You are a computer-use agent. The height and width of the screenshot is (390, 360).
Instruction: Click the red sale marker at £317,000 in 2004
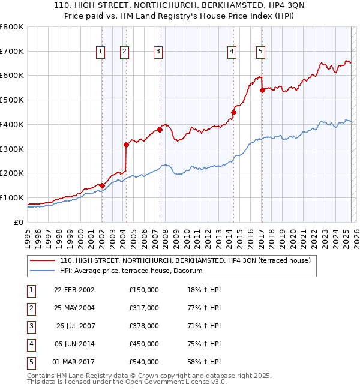coord(126,145)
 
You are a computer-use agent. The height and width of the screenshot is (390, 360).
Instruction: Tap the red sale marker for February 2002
coord(102,185)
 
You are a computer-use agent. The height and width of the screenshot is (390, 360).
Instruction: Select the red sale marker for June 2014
coord(233,112)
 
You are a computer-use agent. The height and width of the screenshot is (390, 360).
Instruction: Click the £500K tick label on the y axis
coord(12,100)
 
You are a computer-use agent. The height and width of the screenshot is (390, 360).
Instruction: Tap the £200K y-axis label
coord(12,173)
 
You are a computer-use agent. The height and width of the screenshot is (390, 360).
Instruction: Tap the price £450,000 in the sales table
coord(144,344)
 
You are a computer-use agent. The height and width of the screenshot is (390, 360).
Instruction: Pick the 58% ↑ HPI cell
coord(204,362)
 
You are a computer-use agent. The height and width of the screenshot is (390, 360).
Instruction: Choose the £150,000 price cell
coord(144,290)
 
